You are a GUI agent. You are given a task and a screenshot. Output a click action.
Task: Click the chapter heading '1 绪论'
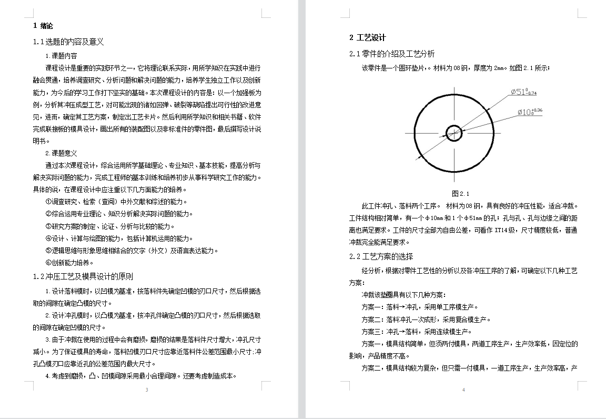(43, 25)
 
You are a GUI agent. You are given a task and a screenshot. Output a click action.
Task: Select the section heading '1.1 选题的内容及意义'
(68, 42)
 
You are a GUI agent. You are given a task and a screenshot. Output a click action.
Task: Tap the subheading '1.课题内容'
(62, 56)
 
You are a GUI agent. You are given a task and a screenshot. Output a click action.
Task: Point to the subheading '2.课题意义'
(62, 153)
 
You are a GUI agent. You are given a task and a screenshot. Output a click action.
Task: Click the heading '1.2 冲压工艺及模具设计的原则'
(83, 276)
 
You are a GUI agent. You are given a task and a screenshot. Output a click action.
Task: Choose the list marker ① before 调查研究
(48, 202)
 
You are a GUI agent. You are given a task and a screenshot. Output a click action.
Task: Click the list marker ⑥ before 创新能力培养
(48, 262)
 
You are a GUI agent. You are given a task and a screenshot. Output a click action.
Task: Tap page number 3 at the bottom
(147, 390)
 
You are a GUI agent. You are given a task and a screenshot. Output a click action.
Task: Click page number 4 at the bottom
(463, 390)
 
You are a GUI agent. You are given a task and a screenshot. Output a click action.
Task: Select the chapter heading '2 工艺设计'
(368, 37)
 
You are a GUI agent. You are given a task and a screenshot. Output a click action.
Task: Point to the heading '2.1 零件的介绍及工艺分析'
(392, 54)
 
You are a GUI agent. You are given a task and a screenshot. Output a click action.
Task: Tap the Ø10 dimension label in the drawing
(529, 112)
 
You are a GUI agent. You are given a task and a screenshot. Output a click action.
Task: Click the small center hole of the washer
(454, 133)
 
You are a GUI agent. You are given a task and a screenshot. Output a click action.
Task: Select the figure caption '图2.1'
(460, 193)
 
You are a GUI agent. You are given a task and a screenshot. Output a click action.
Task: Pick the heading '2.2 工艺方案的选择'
(381, 256)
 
